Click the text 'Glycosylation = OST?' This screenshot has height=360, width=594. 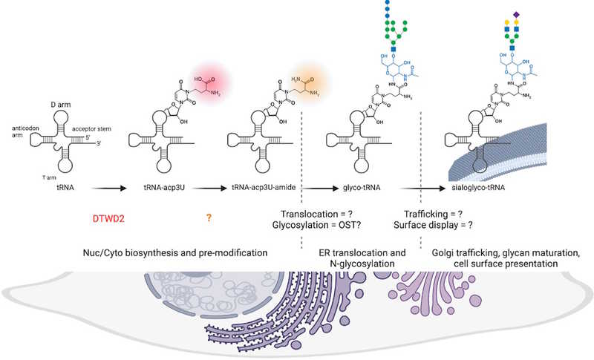tap(324, 226)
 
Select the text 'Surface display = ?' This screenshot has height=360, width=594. tap(443, 226)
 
